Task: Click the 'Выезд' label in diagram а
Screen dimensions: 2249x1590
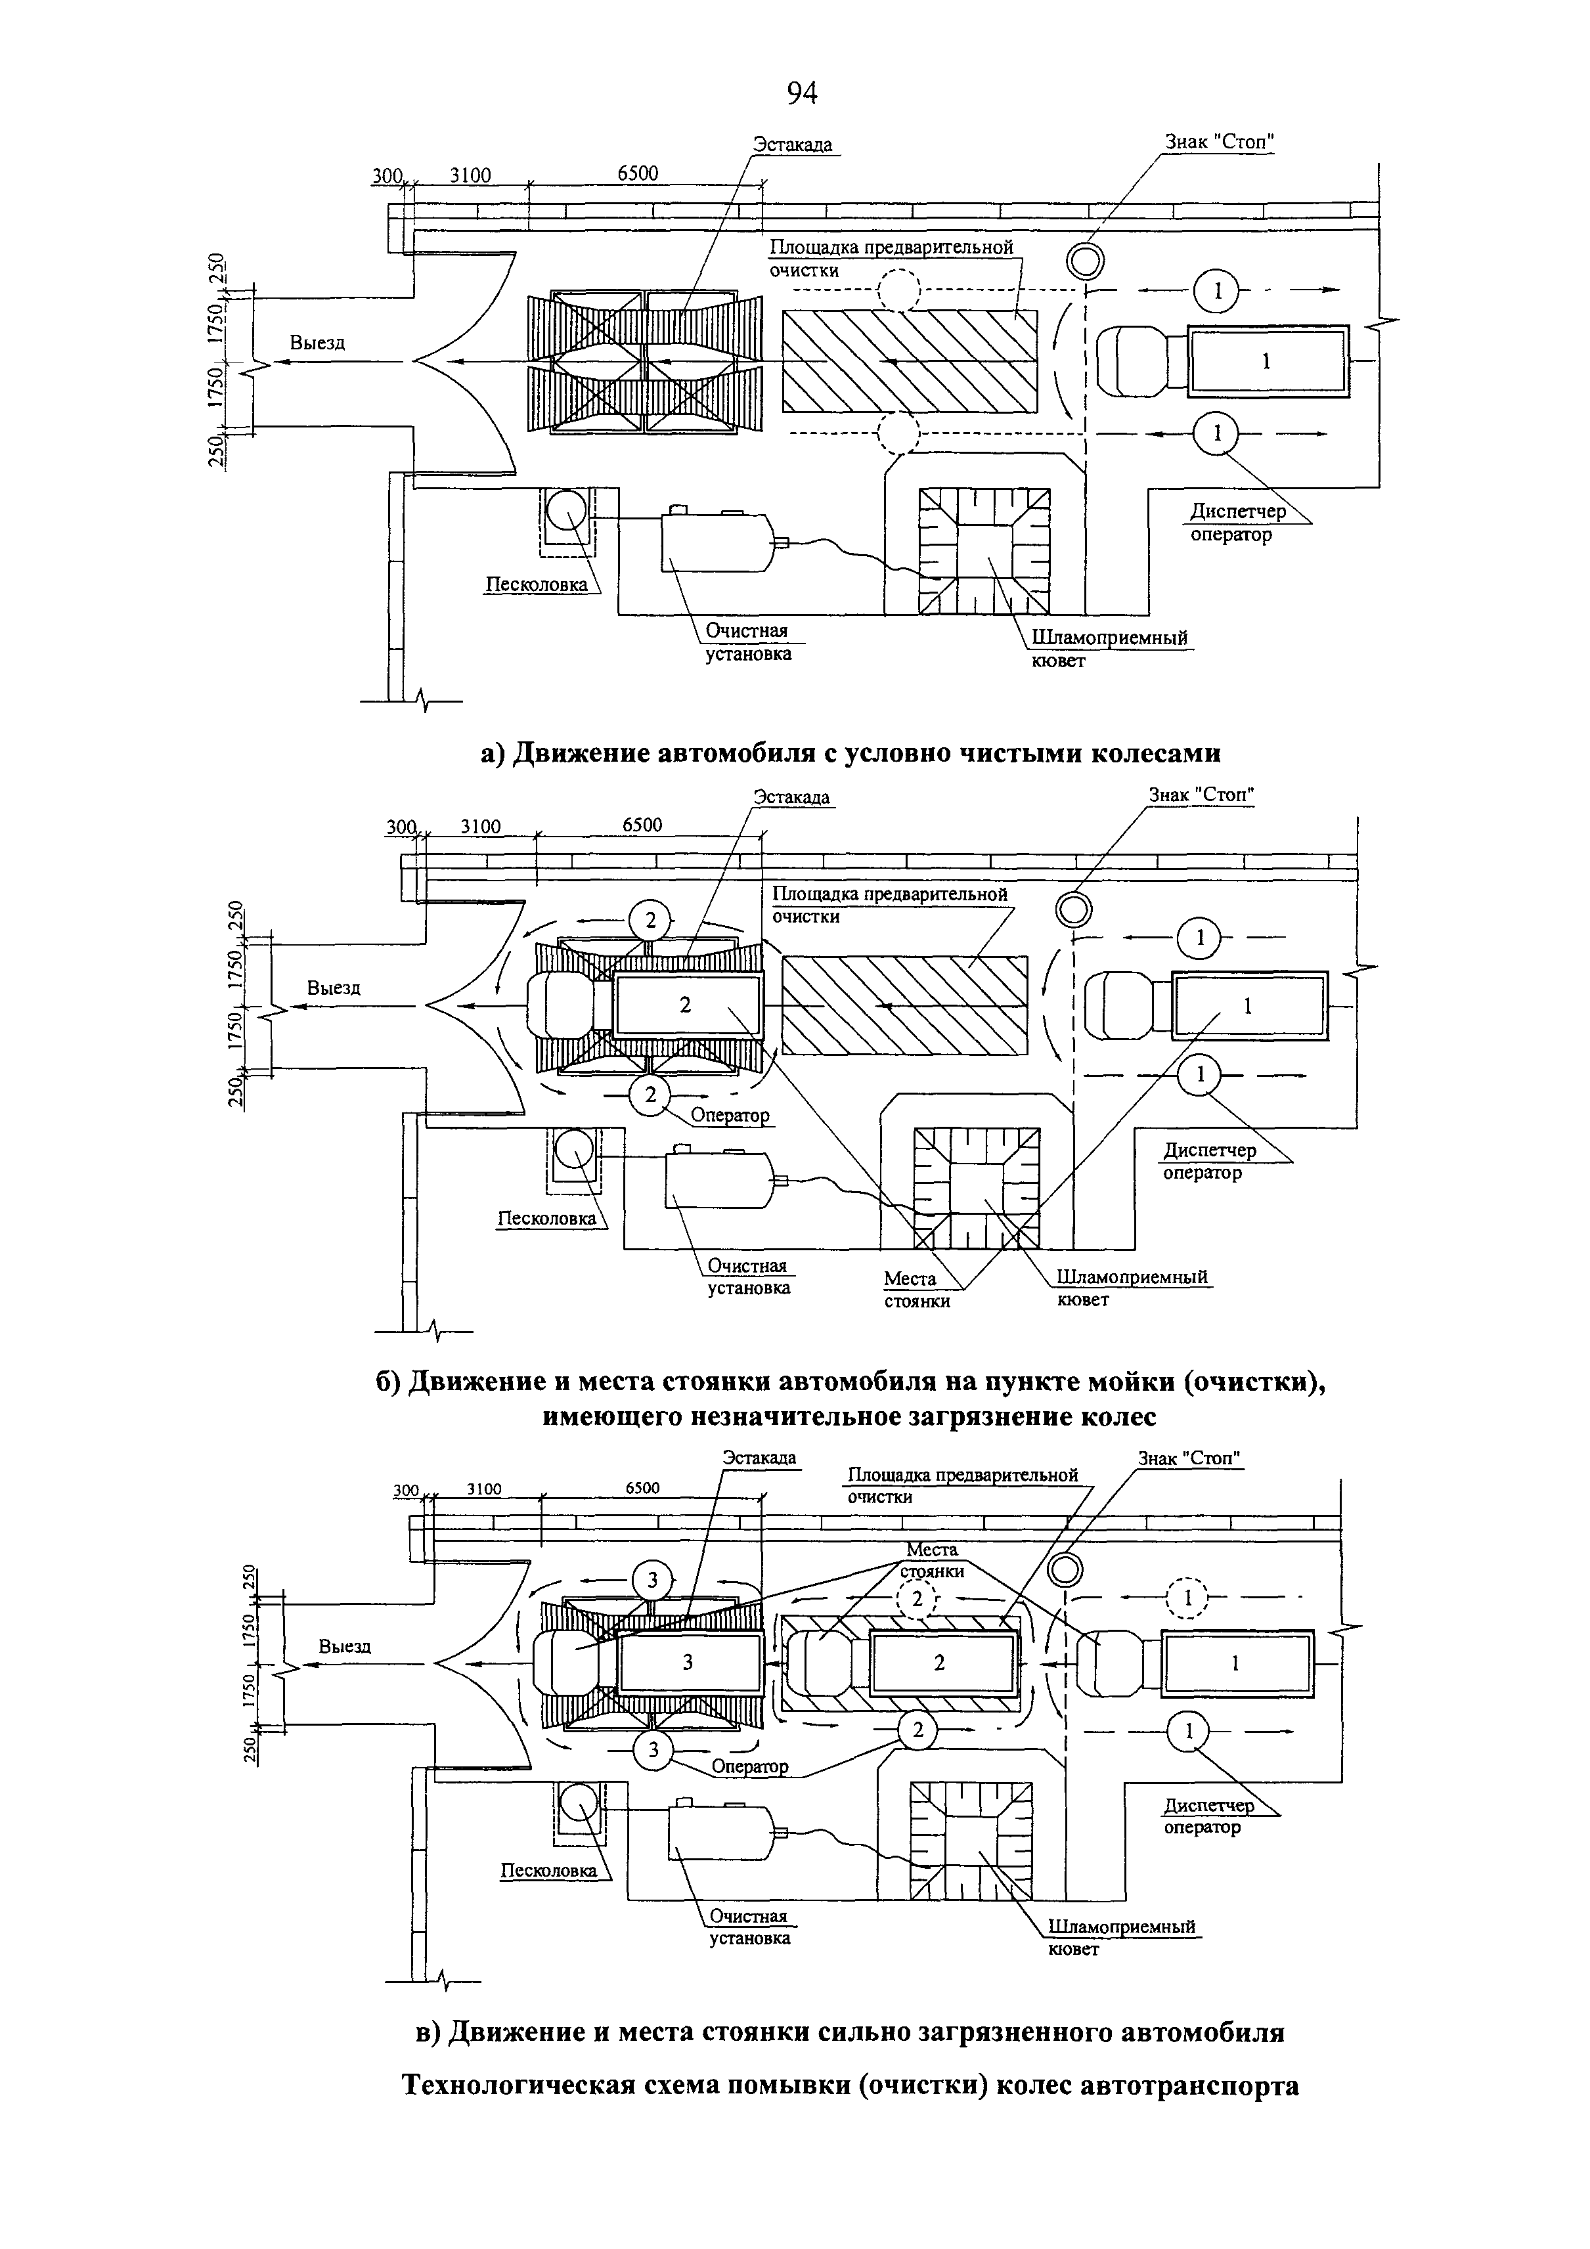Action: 317,343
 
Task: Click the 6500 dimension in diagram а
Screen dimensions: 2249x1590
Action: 638,173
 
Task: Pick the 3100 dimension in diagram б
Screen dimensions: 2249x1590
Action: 480,826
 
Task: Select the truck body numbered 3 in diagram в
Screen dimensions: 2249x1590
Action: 689,1662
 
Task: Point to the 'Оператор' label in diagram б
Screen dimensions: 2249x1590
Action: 730,1115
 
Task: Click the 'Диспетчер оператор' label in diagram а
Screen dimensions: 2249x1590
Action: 1237,522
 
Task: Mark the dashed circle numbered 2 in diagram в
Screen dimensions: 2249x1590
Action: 917,1598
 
